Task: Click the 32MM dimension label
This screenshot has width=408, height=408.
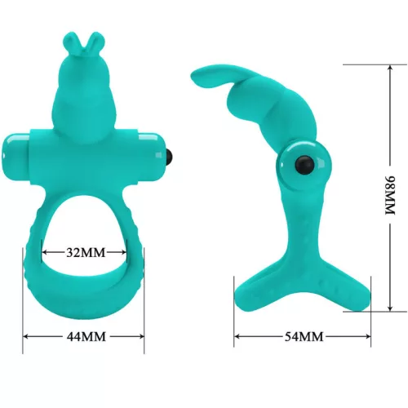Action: click(84, 252)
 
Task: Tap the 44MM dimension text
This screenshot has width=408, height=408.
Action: click(84, 335)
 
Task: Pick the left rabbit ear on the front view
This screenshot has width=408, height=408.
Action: click(76, 42)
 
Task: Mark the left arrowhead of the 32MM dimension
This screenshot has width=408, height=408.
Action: click(44, 252)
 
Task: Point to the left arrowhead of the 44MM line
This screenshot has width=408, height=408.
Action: click(25, 335)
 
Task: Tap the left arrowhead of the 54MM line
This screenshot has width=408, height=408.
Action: click(237, 335)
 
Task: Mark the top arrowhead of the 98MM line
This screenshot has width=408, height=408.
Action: click(390, 66)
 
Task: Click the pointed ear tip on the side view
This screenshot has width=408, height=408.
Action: click(196, 78)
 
